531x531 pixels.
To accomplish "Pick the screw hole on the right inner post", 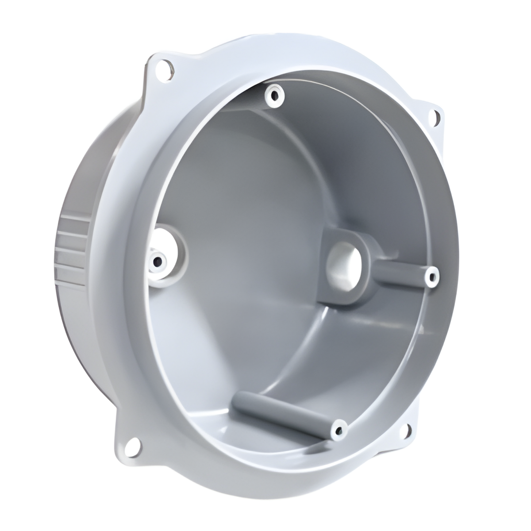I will [431, 277].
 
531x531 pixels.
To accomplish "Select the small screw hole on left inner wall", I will [156, 261].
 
